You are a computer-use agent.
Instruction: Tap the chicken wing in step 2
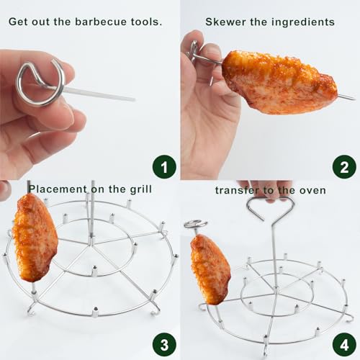coord(277,81)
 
